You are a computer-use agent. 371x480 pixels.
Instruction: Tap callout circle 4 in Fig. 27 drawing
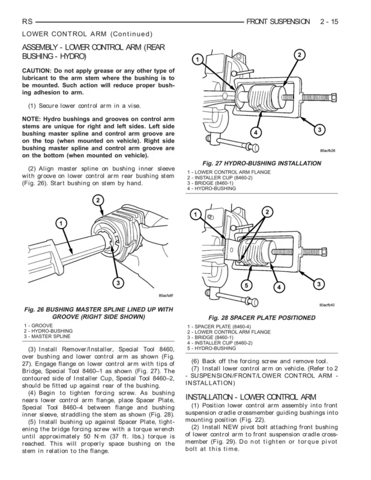255,131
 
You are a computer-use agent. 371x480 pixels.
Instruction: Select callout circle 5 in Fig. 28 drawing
246,284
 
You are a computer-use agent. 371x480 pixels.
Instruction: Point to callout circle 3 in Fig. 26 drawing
119,283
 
